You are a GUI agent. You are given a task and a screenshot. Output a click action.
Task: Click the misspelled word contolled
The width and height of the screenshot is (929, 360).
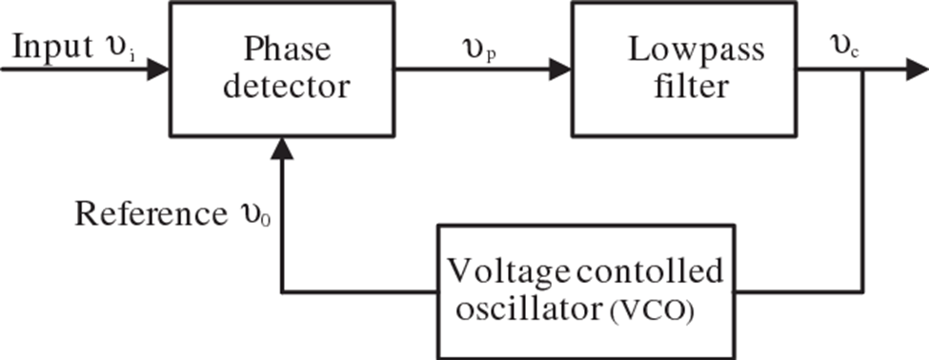click(x=651, y=273)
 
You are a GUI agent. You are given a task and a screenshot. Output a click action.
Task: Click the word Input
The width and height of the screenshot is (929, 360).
click(x=47, y=48)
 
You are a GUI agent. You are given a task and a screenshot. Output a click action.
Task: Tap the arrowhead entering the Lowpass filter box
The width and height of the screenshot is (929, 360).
click(x=560, y=70)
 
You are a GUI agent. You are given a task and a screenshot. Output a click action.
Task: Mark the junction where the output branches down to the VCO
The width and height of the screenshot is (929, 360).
click(x=862, y=70)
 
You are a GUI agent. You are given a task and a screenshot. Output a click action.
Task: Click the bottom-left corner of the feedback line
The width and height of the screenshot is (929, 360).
click(x=280, y=291)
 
